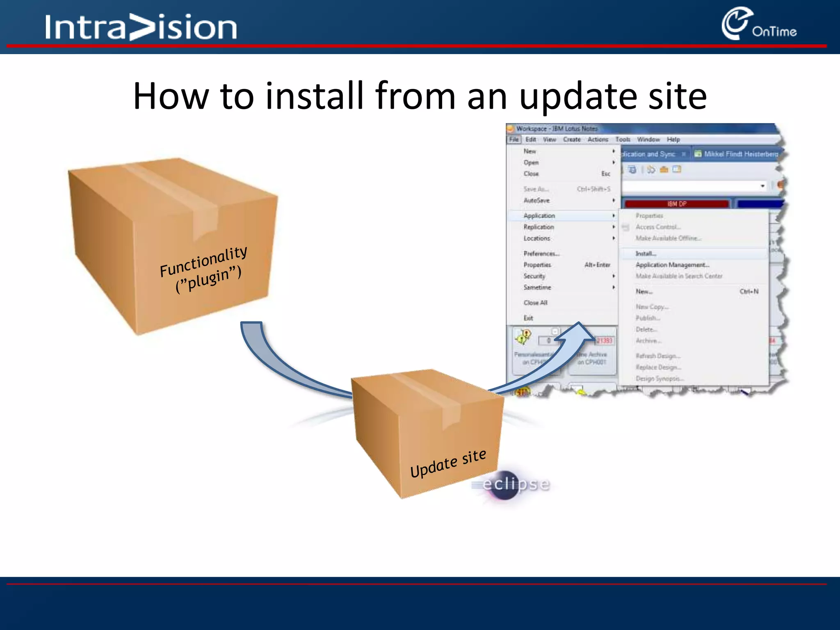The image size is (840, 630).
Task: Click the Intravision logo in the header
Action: click(x=141, y=27)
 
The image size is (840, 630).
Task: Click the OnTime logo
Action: click(x=759, y=25)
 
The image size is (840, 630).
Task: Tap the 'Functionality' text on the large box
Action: click(x=203, y=261)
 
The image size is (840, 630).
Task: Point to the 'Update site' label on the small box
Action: click(x=448, y=463)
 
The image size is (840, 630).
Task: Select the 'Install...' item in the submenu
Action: click(x=646, y=253)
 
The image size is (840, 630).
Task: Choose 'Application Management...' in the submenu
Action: click(x=672, y=265)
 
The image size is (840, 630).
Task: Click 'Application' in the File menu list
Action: click(x=539, y=216)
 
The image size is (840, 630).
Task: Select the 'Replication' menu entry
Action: click(x=539, y=227)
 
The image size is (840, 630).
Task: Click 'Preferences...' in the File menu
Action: click(x=541, y=253)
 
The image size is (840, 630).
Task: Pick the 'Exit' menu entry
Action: click(x=528, y=318)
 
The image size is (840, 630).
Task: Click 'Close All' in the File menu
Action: click(x=535, y=303)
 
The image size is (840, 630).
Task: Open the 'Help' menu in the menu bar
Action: click(x=673, y=139)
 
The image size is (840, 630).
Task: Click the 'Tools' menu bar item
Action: click(x=623, y=139)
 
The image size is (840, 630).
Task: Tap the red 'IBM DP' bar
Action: click(x=676, y=204)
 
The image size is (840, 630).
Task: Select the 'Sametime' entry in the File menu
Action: click(x=537, y=288)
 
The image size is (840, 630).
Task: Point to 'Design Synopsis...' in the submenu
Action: click(x=659, y=379)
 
